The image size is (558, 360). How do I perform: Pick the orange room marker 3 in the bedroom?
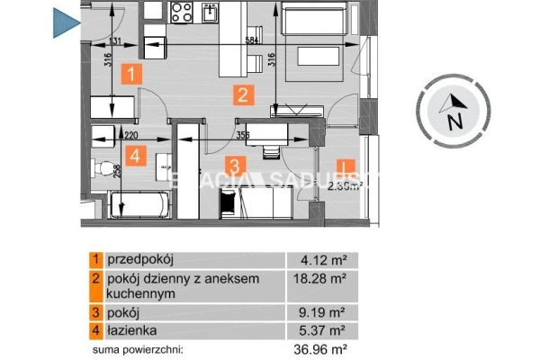pos(233,166)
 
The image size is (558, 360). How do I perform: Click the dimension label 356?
pos(242,135)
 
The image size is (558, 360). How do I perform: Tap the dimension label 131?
pos(114,42)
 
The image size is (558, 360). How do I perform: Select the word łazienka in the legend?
pos(131,330)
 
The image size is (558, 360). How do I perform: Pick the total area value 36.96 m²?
pos(322,348)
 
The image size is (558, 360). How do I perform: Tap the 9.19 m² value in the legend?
pos(325,312)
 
